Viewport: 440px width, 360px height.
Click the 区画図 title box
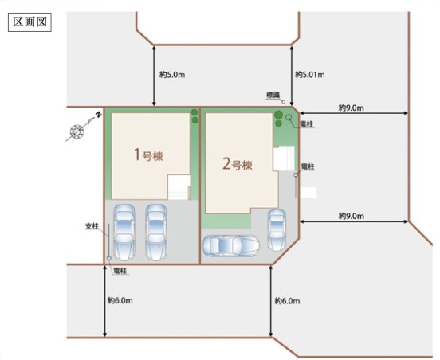[x=29, y=22]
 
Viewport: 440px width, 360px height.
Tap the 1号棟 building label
[x=148, y=155]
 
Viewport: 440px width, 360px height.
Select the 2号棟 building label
[x=237, y=164]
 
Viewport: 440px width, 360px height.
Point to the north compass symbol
[x=77, y=131]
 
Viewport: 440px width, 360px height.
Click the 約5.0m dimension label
[x=172, y=75]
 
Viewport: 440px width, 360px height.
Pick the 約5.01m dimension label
[x=310, y=75]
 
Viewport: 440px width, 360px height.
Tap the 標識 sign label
[x=273, y=95]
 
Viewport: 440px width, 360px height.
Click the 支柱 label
[x=92, y=226]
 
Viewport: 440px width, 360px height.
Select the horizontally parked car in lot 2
[x=231, y=245]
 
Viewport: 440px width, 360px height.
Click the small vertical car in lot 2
[x=277, y=230]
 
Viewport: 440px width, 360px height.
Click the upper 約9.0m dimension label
[x=351, y=108]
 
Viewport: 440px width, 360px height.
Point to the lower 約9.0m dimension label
[x=352, y=216]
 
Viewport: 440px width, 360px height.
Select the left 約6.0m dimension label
[x=120, y=300]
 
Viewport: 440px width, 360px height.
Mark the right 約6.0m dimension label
[x=287, y=301]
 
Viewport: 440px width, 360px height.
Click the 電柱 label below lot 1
[x=120, y=271]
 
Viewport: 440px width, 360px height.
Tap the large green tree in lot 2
[x=278, y=115]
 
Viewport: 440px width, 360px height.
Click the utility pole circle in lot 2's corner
[x=289, y=117]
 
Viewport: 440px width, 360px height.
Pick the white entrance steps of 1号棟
[x=179, y=187]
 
